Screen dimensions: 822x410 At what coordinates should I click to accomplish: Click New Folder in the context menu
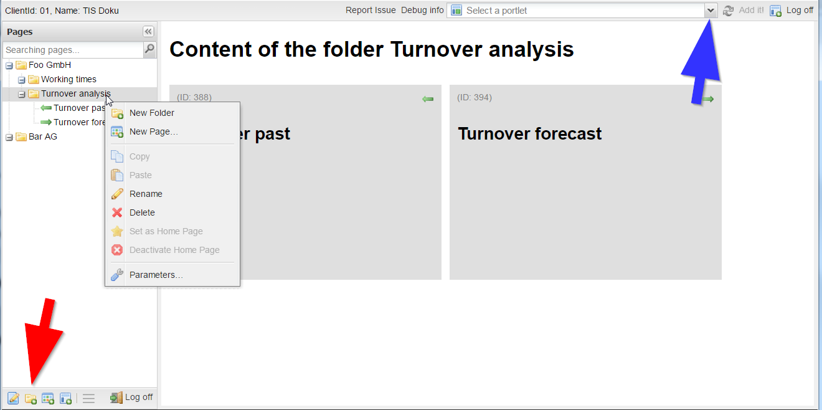151,113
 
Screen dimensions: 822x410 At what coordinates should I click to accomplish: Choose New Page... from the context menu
153,131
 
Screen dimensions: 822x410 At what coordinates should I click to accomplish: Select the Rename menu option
146,194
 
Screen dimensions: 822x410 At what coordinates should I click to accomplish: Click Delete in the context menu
142,212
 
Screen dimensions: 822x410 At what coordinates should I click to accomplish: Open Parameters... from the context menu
156,275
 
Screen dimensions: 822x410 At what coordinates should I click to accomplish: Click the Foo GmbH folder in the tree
50,65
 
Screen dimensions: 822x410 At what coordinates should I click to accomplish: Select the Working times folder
68,79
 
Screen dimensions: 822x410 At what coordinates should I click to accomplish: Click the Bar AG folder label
43,136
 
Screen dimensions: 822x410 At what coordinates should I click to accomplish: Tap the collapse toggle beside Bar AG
9,137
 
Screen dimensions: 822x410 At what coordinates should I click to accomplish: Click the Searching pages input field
73,50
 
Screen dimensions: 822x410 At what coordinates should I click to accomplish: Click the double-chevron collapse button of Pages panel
148,32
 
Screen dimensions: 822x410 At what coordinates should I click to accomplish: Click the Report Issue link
371,10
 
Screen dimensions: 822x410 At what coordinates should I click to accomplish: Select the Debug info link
422,10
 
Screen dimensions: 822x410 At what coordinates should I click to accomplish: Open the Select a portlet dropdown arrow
711,11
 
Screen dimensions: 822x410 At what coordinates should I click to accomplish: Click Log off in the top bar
800,10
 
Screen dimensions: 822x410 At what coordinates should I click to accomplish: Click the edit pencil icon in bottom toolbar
13,398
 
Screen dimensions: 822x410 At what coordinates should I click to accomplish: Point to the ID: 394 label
475,97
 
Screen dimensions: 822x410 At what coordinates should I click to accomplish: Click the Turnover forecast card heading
529,133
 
